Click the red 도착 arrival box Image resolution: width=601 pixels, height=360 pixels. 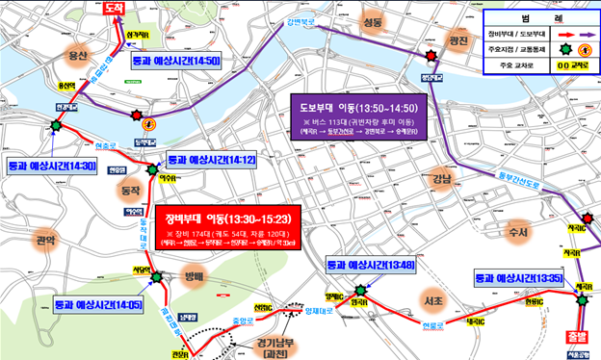(115, 8)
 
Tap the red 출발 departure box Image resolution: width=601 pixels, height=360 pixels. (572, 339)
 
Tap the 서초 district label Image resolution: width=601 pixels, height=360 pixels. (432, 302)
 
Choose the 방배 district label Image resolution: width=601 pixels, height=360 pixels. (196, 276)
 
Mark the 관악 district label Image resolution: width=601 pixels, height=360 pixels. (46, 238)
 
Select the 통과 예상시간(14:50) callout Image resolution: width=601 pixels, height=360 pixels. (176, 60)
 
